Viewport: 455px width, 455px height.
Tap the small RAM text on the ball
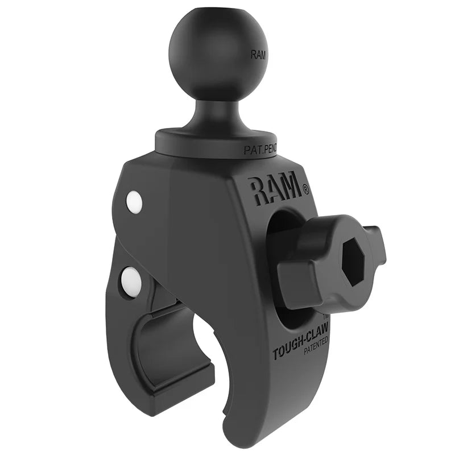[x=257, y=56]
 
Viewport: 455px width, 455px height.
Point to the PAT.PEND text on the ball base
[x=259, y=150]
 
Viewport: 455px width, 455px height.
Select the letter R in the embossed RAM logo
[x=255, y=192]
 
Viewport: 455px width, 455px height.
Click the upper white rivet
[x=134, y=202]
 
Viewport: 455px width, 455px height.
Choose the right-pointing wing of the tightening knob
[x=375, y=245]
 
